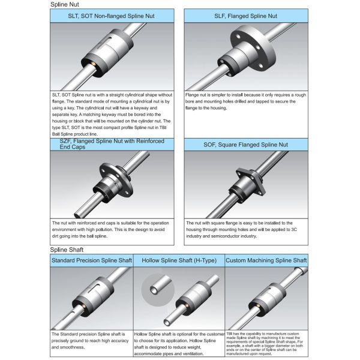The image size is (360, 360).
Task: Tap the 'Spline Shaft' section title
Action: (66, 249)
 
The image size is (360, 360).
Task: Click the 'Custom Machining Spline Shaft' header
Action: (266, 260)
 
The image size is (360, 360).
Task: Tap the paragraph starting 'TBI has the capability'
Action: (266, 341)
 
